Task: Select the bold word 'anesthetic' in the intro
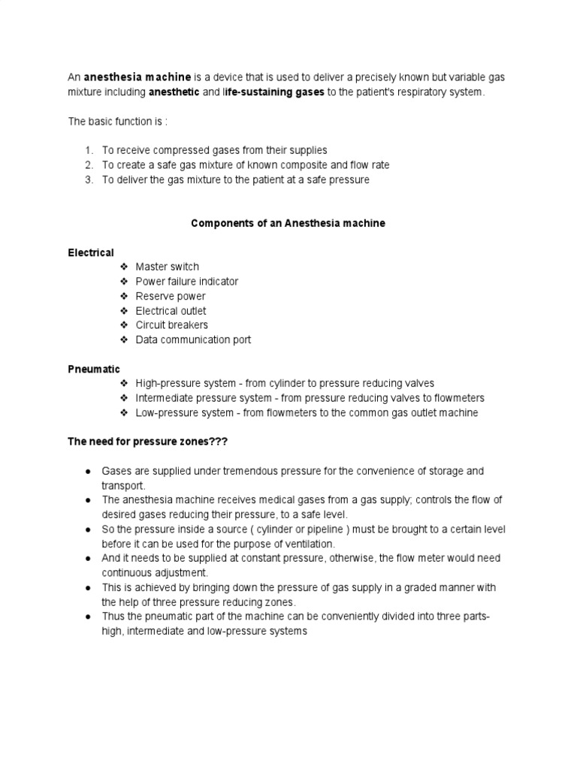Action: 174,92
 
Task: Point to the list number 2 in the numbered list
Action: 88,165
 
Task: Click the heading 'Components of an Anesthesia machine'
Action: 288,224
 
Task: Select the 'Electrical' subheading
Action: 91,253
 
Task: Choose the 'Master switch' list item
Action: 167,267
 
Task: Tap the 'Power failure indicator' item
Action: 186,282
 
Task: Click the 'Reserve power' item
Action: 170,297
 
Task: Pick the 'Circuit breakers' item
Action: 171,325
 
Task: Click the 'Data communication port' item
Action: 193,340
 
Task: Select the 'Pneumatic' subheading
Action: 94,369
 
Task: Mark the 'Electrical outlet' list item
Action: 171,311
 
